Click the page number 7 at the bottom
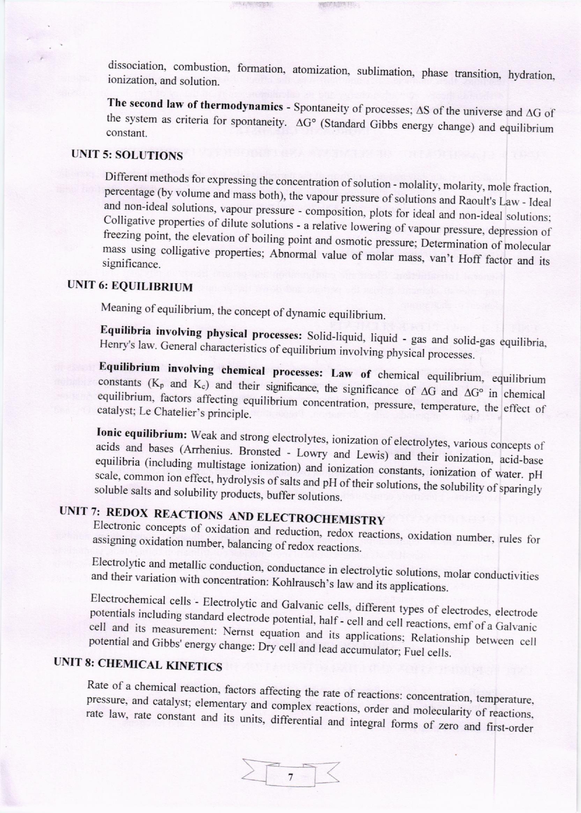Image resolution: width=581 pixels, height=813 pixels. (290, 776)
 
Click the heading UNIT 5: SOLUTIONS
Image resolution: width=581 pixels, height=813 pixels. (127, 154)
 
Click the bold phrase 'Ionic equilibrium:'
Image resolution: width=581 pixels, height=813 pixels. (142, 434)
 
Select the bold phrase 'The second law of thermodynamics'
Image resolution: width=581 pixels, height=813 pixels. (195, 105)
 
